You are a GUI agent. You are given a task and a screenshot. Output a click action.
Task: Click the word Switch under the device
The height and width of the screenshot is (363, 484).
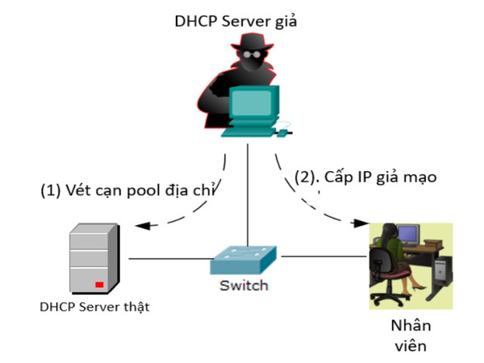click(244, 286)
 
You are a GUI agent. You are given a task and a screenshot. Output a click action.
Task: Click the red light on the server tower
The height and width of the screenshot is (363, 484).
click(99, 284)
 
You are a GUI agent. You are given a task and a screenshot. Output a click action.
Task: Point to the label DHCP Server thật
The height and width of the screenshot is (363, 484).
click(94, 307)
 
